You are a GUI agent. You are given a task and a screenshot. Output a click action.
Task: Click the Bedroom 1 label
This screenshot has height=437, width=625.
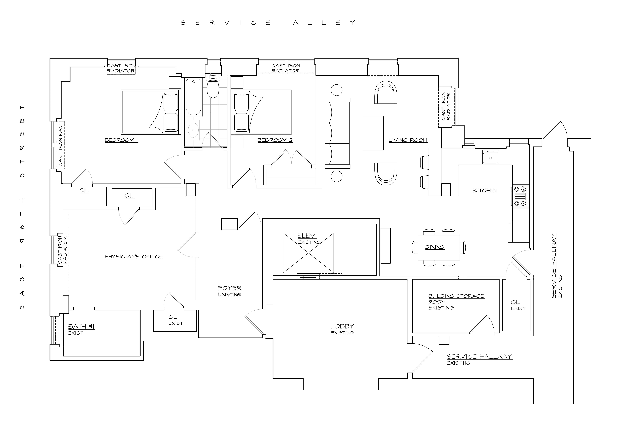tap(121, 140)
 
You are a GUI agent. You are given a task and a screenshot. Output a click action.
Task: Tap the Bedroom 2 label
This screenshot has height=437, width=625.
tap(275, 140)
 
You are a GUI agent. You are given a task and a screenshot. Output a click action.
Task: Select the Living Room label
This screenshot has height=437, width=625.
tap(408, 140)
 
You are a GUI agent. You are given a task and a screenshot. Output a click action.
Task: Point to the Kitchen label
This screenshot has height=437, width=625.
tap(485, 191)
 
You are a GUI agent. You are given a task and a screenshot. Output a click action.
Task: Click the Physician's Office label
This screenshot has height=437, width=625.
tap(134, 257)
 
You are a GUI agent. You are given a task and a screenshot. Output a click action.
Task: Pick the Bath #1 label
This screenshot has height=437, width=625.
tap(81, 327)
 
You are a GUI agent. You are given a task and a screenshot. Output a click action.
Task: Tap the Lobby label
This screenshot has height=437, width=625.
tap(342, 326)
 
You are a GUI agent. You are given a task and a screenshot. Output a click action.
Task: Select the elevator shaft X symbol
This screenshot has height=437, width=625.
tap(308, 253)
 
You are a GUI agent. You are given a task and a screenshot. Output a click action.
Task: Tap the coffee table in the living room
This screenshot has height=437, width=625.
tap(373, 133)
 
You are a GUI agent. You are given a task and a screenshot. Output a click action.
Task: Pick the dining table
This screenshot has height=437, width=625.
tap(439, 248)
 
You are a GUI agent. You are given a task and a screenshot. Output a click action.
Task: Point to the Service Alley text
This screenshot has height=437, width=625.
tap(268, 23)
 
